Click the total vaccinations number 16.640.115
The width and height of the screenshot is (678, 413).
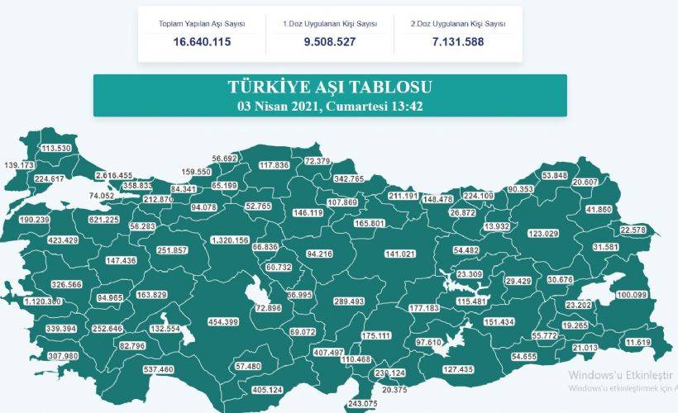(202, 41)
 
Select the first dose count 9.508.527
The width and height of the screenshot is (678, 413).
(329, 41)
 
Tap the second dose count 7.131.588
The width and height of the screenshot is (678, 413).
(457, 41)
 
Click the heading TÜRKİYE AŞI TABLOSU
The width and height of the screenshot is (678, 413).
(330, 87)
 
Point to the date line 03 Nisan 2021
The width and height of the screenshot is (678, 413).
(330, 106)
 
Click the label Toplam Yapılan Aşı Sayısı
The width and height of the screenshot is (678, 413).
(202, 24)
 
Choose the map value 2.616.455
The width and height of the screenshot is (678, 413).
(114, 175)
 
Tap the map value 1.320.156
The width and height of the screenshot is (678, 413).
(230, 240)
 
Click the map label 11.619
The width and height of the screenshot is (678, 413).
(639, 342)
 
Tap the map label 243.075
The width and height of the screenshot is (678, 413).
(363, 403)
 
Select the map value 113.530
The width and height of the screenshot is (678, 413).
(56, 148)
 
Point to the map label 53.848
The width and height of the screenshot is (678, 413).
(554, 175)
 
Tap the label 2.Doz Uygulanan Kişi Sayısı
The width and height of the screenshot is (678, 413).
(457, 24)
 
